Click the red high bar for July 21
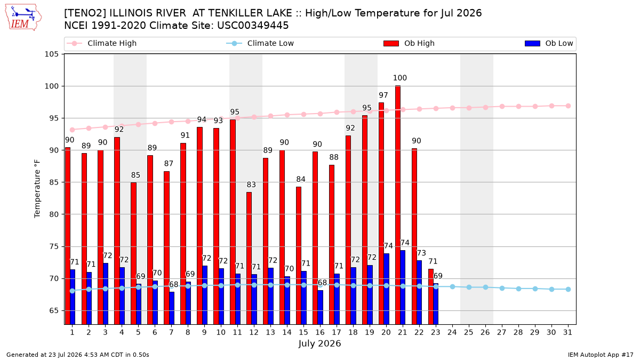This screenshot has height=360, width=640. click(x=398, y=205)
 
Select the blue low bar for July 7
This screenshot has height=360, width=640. click(x=171, y=308)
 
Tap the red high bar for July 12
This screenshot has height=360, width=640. click(x=249, y=258)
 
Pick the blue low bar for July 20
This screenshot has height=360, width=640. click(x=386, y=289)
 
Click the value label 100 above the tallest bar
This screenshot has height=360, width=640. click(x=399, y=78)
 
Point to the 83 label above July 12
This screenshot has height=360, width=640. click(x=251, y=185)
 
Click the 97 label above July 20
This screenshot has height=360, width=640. click(x=383, y=95)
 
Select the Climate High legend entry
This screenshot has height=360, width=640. click(x=101, y=43)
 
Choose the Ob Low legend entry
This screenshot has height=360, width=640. click(x=549, y=43)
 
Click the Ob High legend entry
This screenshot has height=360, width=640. click(x=409, y=43)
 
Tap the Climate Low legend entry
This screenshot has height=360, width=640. click(x=260, y=43)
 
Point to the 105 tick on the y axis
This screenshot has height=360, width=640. click(x=51, y=54)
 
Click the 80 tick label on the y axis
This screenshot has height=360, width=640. click(x=54, y=214)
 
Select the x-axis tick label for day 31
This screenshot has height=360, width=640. click(x=567, y=332)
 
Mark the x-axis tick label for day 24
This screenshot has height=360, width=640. click(x=452, y=332)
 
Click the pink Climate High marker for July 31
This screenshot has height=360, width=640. click(x=568, y=106)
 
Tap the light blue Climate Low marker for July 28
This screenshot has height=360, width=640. click(x=518, y=289)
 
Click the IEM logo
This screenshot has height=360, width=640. click(x=23, y=18)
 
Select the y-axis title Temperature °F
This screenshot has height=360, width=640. click(x=37, y=189)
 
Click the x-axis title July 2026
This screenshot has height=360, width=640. click(x=319, y=343)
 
